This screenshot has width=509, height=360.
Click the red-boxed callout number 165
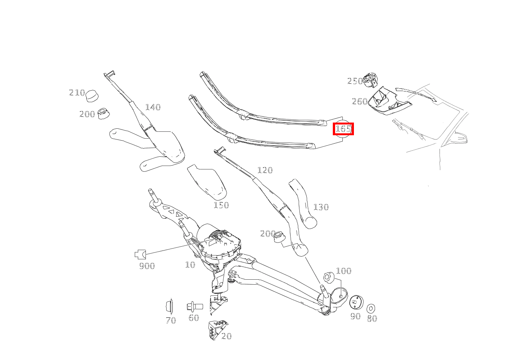343,129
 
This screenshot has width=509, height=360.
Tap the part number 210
77,93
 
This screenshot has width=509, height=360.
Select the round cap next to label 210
92,96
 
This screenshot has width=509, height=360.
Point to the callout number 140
153,107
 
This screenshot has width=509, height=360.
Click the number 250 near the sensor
355,81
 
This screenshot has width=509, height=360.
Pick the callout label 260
359,101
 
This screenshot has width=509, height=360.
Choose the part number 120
265,170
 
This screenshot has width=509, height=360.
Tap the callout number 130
321,207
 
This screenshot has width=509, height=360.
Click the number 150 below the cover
221,205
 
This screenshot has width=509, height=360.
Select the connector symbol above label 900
140,254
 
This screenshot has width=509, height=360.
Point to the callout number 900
147,266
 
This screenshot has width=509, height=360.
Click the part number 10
190,264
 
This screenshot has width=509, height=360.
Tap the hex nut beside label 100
328,277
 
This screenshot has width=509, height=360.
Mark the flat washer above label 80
371,309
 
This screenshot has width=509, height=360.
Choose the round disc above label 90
356,302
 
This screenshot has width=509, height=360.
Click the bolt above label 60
195,307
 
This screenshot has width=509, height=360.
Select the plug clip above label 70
169,306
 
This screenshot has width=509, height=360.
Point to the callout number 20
226,336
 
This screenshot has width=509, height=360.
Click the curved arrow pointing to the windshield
416,93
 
